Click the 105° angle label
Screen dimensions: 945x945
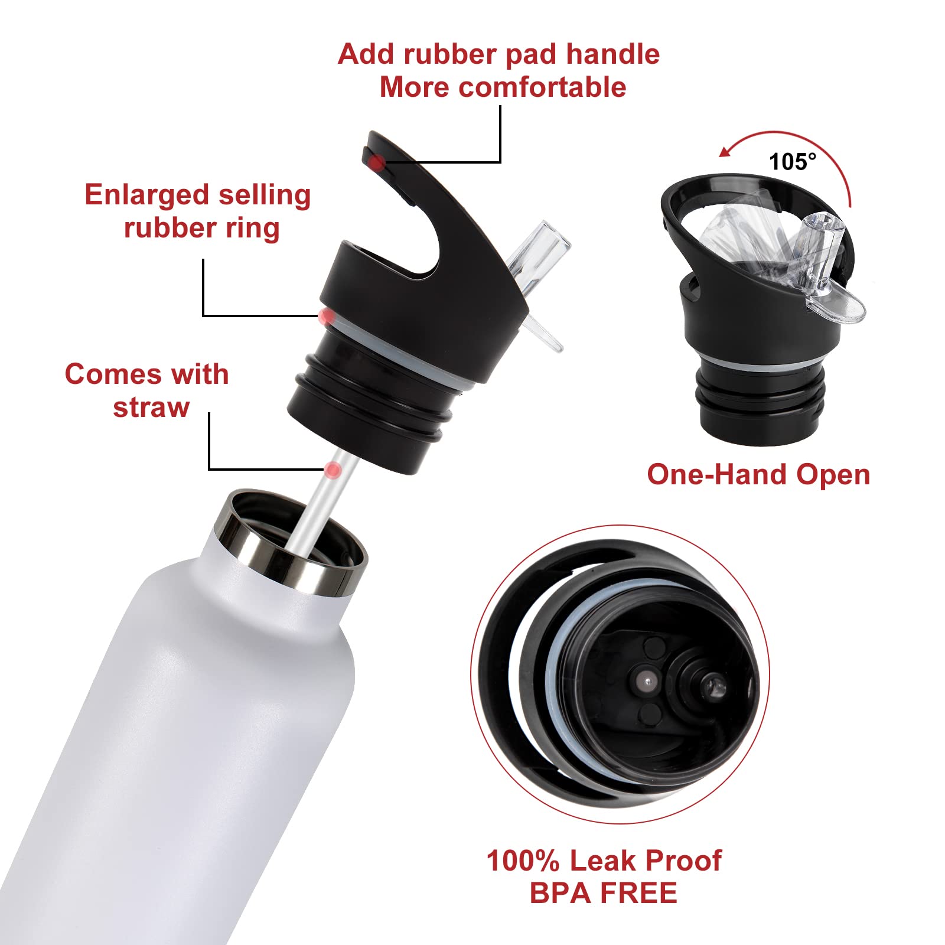coord(792,161)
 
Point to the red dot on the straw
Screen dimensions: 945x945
coord(333,470)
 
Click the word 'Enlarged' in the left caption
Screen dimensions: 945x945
coord(146,195)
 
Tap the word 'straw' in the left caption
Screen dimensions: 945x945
coord(151,408)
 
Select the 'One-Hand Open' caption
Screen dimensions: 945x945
coord(758,474)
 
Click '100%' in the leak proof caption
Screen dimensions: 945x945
coord(522,861)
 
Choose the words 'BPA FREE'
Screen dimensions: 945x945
coord(603,892)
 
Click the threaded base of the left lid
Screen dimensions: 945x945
coord(366,413)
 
